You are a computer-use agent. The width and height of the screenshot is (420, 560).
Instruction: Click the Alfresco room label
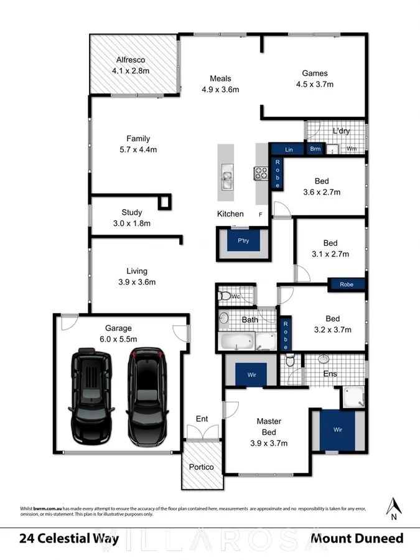(x=130, y=60)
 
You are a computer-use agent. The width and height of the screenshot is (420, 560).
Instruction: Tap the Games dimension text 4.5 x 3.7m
(x=315, y=84)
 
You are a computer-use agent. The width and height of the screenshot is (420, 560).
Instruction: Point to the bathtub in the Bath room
(x=236, y=341)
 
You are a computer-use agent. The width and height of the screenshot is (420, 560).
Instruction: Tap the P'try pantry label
(x=243, y=240)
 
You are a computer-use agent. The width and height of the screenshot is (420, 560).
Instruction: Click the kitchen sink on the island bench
(x=225, y=179)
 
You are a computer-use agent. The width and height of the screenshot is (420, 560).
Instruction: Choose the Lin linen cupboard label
(x=289, y=150)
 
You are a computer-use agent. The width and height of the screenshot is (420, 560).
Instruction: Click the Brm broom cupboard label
(x=315, y=149)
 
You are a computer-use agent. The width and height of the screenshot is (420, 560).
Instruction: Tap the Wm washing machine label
(x=352, y=149)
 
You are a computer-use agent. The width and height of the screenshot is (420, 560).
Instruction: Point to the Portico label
(x=201, y=467)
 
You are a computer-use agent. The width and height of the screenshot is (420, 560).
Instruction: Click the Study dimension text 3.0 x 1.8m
(x=131, y=223)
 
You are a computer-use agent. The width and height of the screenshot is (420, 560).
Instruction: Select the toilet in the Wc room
(x=226, y=296)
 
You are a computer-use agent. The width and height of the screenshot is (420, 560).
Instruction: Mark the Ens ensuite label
(x=330, y=374)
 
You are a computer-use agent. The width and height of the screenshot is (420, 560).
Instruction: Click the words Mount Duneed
(x=357, y=538)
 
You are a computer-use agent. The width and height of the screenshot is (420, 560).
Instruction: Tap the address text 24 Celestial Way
(x=69, y=538)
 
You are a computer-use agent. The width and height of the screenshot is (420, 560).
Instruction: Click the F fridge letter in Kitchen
(x=261, y=214)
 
